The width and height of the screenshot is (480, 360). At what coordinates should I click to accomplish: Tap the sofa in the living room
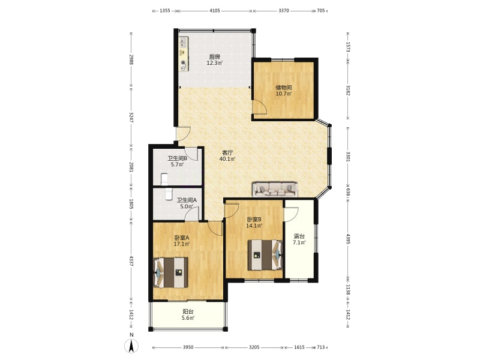[x=275, y=189]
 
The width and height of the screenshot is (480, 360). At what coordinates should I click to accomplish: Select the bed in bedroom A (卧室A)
[x=170, y=272]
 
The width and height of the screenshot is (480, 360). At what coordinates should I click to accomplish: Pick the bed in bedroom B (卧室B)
[x=265, y=255]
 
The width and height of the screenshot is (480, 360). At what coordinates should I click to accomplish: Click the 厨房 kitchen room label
[x=215, y=57]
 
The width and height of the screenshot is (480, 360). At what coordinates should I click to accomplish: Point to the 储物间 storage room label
[x=284, y=88]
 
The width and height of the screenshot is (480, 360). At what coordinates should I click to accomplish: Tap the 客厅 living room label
[x=227, y=152]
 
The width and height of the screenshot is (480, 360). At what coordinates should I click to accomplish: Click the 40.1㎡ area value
[x=227, y=159]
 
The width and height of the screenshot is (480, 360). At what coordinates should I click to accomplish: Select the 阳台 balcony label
[x=188, y=311]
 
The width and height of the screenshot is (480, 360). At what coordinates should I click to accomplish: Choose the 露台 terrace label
[x=299, y=236]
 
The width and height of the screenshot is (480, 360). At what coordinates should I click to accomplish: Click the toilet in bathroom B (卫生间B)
[x=164, y=179]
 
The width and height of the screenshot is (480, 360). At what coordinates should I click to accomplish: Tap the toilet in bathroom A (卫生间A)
[x=169, y=194]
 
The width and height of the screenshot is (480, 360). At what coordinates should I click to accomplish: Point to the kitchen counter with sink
[x=184, y=55]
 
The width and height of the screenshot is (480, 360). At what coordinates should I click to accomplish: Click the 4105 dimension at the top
[x=215, y=11]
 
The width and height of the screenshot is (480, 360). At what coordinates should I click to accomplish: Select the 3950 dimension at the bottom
[x=188, y=347]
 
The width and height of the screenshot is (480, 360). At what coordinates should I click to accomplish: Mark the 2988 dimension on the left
[x=131, y=59]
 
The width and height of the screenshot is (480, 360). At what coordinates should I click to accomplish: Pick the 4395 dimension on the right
[x=348, y=239]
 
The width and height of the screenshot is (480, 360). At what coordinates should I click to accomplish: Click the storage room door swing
[x=260, y=107]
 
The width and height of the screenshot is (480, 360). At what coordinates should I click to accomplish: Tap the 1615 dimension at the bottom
[x=299, y=347]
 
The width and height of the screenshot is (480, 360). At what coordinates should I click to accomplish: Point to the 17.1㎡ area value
[x=182, y=244]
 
